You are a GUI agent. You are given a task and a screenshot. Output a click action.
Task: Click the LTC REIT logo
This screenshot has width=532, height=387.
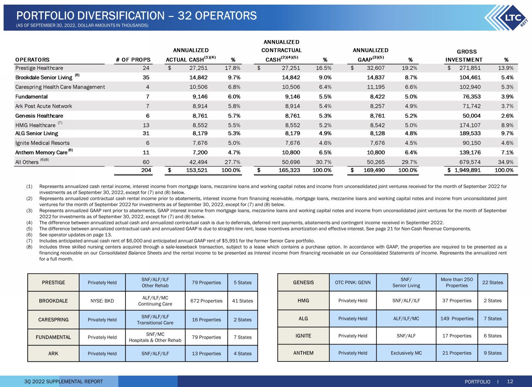point(506,18)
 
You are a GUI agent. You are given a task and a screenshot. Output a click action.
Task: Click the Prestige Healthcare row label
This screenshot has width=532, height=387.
point(39,68)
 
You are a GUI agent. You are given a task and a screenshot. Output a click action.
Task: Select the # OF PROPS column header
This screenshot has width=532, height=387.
point(133,60)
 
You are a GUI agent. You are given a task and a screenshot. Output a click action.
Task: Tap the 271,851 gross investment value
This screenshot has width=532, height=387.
point(470,68)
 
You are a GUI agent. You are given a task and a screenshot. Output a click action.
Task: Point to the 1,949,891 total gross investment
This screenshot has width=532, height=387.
point(467,170)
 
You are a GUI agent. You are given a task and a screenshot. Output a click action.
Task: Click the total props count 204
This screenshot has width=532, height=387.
point(146,170)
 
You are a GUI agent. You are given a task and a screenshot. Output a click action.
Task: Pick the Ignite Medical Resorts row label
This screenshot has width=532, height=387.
point(42,143)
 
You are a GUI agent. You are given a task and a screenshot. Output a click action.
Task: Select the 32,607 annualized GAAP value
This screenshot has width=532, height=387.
point(376,68)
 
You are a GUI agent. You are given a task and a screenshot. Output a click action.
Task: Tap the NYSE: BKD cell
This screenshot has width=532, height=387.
point(102,301)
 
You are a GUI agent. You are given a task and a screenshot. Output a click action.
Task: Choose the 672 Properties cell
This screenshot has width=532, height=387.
point(206,301)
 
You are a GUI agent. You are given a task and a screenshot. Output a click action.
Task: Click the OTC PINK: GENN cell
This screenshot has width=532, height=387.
point(353,282)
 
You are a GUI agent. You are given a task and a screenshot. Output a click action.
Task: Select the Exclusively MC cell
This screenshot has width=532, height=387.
point(406,353)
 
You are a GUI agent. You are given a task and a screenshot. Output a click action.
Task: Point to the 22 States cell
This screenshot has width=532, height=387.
point(493,282)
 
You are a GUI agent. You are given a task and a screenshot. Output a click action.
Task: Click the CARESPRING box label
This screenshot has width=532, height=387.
point(54,320)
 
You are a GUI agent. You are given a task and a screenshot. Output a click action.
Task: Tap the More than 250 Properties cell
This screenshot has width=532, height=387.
point(457,282)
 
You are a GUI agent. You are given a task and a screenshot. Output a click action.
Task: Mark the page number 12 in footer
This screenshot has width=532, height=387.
point(510,381)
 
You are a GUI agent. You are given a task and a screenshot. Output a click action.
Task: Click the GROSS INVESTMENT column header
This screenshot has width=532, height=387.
point(464,56)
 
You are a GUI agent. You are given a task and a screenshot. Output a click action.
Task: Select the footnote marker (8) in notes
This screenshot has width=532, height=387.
point(29,247)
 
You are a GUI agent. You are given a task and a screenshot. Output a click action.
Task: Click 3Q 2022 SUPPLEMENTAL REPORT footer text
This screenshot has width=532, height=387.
point(63,382)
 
